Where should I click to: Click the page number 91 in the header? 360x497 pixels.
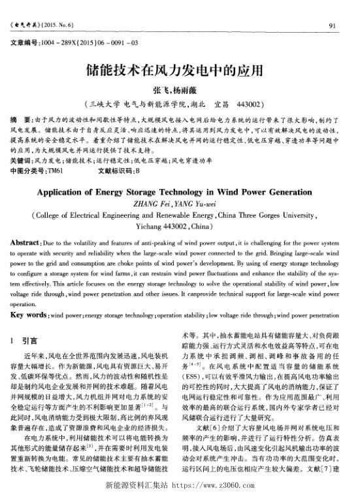[x=332, y=26]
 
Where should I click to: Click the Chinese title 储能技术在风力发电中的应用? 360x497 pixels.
[x=180, y=69]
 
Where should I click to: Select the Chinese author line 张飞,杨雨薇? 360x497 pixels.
[x=180, y=90]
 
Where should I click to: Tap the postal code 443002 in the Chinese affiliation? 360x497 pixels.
[x=246, y=104]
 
